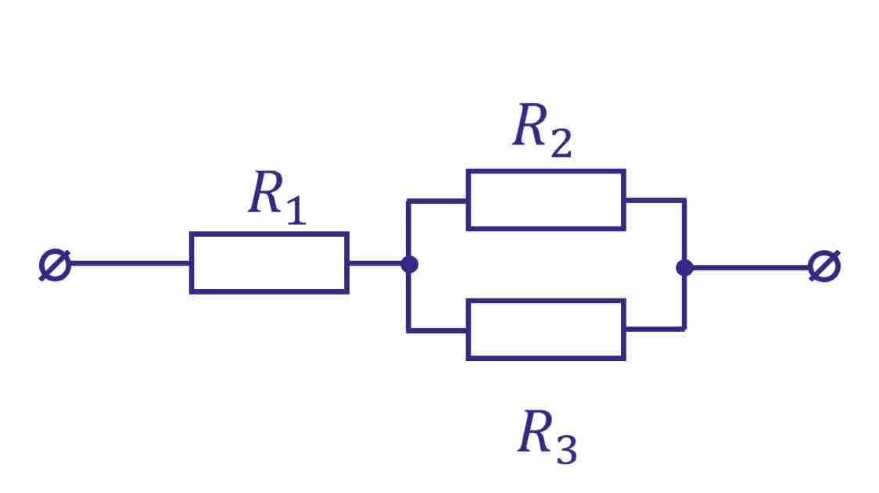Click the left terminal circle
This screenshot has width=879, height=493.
pos(55,266)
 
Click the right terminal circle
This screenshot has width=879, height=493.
pos(824,266)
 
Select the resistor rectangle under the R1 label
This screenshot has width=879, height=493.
pos(269,263)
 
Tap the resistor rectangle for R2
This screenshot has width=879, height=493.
pos(546,200)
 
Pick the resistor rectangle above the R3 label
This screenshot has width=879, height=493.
pos(546,330)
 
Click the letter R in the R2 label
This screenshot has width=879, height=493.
pos(529,126)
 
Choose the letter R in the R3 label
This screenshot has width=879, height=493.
pos(535,433)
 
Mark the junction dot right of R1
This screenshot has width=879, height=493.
pos(409,264)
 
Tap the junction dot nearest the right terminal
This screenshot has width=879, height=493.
pos(684,267)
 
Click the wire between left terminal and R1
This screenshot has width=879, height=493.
pos(130,263)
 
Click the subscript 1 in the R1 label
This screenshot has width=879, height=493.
pos(295,209)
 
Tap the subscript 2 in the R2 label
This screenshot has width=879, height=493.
pos(560,143)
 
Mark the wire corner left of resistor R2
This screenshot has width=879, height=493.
pos(408,202)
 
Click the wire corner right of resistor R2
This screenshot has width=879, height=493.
pos(684,200)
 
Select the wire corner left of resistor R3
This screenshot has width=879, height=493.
pos(408,330)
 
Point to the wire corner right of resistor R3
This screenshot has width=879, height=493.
pos(684,329)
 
